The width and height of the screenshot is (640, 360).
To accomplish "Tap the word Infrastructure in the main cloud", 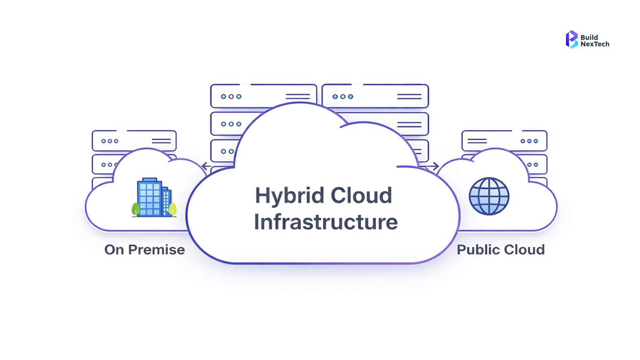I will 326,222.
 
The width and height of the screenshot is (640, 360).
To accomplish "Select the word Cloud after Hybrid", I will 361,196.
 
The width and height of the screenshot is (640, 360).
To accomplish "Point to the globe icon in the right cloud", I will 489,196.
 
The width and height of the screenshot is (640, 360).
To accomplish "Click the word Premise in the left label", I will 157,249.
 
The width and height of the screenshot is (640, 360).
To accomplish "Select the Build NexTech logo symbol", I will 572,39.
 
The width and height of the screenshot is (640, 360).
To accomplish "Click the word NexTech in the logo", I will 595,44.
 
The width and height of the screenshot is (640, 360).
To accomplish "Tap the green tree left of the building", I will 136,209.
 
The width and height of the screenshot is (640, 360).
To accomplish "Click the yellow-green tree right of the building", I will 172,209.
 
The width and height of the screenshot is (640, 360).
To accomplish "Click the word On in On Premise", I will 114,249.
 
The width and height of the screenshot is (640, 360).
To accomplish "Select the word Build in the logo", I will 589,37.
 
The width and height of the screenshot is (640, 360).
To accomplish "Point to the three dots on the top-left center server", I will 231,97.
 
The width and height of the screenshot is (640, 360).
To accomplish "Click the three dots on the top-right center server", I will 343,97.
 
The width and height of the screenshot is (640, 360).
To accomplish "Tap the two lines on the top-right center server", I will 409,97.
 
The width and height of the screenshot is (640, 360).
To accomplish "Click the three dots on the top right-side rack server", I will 529,141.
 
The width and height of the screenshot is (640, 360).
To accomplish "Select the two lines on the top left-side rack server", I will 161,141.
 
